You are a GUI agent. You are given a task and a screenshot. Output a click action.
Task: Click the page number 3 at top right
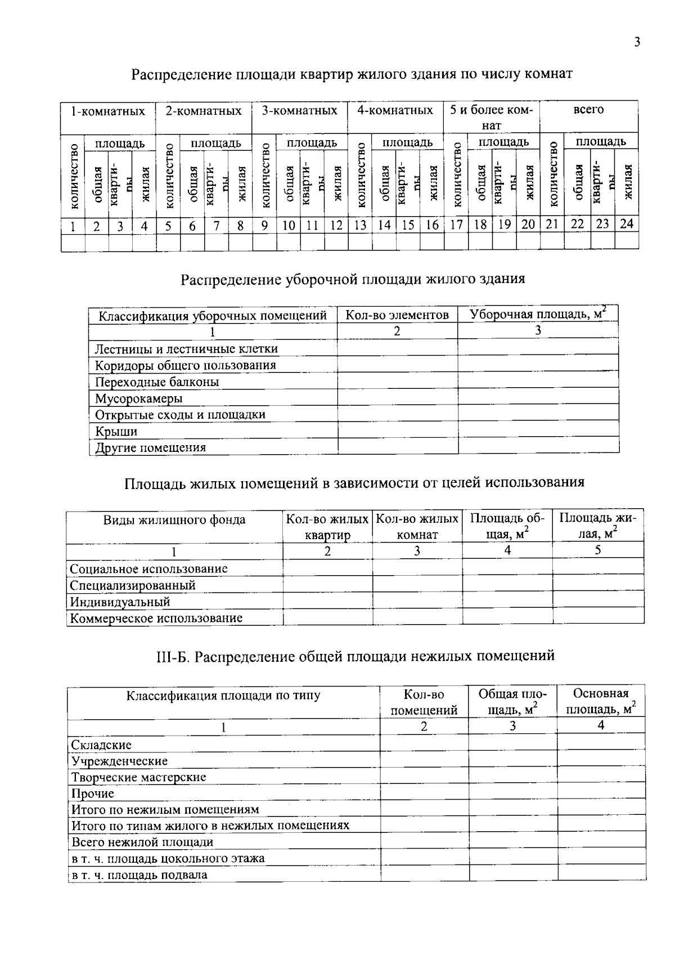(637, 42)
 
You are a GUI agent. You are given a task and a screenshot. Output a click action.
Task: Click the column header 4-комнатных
(395, 111)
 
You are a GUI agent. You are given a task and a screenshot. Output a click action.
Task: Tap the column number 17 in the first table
(456, 225)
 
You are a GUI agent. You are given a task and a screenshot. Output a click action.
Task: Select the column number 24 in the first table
(626, 224)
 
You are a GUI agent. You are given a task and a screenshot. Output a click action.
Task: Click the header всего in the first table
(588, 110)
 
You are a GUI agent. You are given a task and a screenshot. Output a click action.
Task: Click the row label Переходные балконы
(157, 382)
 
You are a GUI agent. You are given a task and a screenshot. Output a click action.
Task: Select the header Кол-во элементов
(397, 315)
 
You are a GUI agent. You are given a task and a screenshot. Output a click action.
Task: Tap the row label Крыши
(116, 432)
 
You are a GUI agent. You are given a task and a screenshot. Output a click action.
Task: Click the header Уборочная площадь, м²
(538, 314)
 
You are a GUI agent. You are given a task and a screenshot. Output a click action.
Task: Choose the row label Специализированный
(133, 585)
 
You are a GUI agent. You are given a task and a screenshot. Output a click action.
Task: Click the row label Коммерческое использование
(156, 618)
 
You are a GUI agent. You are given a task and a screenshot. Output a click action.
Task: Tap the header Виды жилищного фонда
(174, 519)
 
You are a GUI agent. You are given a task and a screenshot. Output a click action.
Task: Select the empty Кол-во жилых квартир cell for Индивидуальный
(327, 602)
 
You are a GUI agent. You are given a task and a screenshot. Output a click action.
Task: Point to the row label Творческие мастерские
(138, 777)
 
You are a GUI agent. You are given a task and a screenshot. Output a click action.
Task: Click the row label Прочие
(92, 793)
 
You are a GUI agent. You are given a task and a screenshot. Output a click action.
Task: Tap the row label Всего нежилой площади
(142, 842)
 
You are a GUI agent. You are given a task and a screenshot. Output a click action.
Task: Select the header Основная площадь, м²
(601, 701)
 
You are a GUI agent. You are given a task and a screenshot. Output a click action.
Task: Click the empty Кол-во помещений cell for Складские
(424, 744)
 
